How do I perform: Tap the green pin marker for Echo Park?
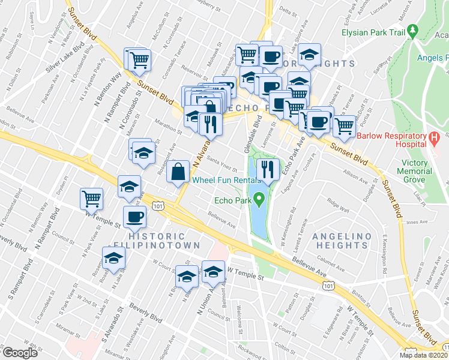(x=259, y=197)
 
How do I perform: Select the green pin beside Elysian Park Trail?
(x=412, y=30)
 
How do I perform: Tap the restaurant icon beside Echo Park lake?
(x=267, y=169)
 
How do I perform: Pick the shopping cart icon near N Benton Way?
(x=92, y=197)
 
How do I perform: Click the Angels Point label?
(x=432, y=58)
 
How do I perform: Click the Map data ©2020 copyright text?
(x=423, y=355)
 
